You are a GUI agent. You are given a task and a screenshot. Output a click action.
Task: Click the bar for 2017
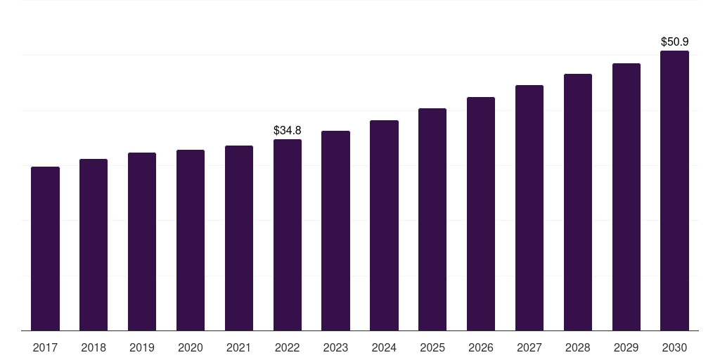45,248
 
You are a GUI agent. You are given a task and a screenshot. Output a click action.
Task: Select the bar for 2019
142,242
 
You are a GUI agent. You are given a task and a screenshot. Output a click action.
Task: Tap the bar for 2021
239,238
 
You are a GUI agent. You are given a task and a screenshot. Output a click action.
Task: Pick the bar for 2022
288,235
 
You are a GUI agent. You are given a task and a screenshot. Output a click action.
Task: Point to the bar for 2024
384,226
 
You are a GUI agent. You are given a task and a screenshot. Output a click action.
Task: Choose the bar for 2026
481,214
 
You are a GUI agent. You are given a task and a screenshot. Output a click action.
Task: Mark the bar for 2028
578,202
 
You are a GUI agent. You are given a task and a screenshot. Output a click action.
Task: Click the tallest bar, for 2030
674,191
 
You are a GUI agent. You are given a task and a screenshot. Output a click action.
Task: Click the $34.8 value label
288,130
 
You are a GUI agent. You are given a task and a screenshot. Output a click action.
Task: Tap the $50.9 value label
674,41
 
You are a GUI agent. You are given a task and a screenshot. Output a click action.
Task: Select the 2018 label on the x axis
94,347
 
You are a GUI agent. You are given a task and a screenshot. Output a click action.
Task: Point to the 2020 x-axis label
191,347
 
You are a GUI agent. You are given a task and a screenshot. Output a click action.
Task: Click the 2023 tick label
335,347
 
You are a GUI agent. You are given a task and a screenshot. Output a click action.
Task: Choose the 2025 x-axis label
432,347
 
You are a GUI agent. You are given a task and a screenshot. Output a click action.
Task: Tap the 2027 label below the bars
529,347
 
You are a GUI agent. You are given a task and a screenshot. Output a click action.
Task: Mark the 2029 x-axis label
626,347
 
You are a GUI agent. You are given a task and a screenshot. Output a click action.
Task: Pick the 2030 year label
674,347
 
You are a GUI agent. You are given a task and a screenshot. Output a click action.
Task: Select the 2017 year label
45,347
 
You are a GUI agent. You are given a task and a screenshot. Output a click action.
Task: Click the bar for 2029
626,197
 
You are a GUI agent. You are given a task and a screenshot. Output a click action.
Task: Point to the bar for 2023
335,231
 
